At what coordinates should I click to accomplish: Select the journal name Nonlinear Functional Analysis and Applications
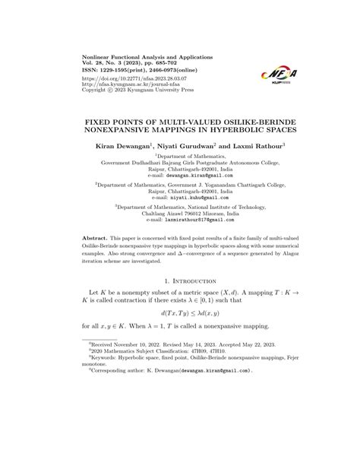(x=149, y=57)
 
